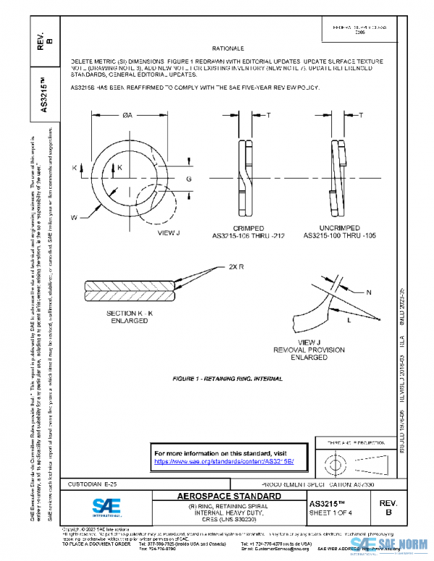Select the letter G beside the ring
(189, 178)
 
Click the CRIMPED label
(249, 228)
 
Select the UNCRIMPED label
(339, 228)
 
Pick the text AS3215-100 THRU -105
(339, 236)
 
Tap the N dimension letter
(368, 292)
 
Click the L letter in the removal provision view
(349, 319)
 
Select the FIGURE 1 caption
(228, 379)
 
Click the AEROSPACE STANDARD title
(229, 497)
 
